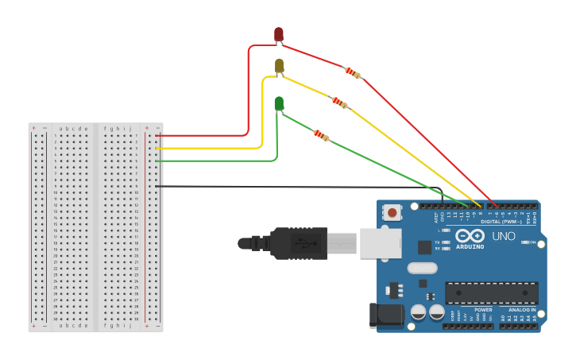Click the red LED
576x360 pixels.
279,34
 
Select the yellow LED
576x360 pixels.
279,66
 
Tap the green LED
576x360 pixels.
279,103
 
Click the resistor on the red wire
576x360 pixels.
352,73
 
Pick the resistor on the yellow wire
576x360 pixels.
339,102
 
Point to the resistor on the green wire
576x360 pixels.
321,135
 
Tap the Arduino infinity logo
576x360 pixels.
470,236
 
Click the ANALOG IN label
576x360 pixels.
522,309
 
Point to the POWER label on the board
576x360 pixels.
483,309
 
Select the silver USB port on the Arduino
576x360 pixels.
380,243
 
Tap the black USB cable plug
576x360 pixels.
299,243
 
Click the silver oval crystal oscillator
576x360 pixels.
423,269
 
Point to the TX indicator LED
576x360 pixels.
446,242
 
